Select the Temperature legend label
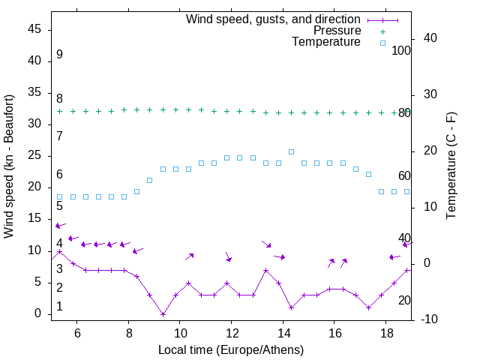point(326,43)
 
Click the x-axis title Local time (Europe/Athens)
point(231,349)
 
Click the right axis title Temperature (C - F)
point(451,166)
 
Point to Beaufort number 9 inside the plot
point(59,55)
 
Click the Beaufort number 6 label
point(59,175)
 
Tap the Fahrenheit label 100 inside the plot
point(401,50)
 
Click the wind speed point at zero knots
point(163,314)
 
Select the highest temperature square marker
point(291,151)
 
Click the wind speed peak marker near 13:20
point(265,270)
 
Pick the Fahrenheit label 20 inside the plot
point(404,300)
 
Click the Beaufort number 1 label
point(59,307)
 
